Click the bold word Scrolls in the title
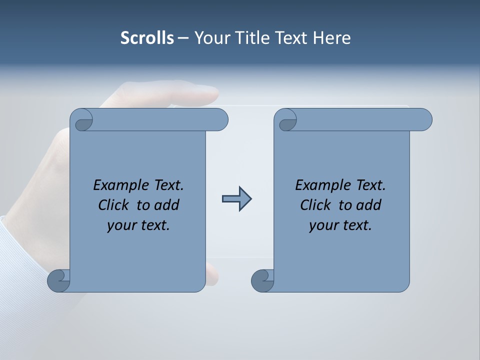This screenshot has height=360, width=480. click(147, 38)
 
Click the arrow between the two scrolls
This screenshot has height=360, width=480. click(236, 199)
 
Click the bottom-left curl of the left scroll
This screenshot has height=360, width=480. click(58, 280)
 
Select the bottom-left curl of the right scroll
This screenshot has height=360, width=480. click(262, 280)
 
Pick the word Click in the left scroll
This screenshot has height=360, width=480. click(115, 205)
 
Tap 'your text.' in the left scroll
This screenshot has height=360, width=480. click(138, 225)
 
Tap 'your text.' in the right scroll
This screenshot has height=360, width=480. click(340, 225)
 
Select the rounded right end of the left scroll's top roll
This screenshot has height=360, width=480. click(220, 120)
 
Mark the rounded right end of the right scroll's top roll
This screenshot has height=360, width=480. click(424, 120)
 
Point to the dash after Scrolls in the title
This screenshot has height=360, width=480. click(183, 38)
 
